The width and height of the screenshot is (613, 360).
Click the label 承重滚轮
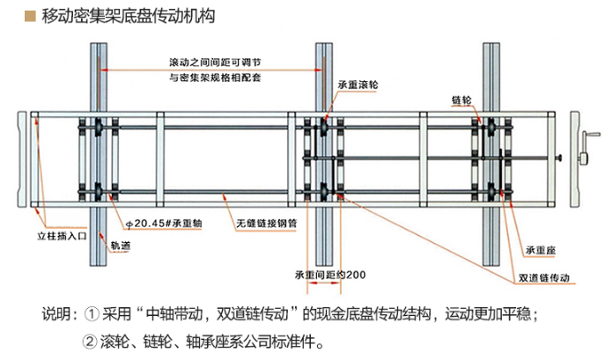(358, 84)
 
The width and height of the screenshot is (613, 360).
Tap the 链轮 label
(462, 100)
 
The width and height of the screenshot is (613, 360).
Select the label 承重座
(540, 250)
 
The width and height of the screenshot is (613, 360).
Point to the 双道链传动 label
(543, 278)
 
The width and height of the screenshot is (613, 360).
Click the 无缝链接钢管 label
(267, 224)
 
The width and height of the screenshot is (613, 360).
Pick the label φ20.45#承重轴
(164, 224)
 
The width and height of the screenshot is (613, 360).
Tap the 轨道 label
(121, 246)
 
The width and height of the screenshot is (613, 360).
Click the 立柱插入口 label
(62, 236)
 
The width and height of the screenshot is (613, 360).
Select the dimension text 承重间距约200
(330, 275)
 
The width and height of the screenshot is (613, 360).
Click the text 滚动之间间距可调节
(215, 62)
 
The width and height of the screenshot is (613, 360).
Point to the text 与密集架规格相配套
(215, 77)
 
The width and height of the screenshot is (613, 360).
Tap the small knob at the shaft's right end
(559, 158)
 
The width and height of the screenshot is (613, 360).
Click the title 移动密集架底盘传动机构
(129, 16)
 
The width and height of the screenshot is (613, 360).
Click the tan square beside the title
(30, 16)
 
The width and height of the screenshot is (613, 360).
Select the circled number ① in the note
(92, 314)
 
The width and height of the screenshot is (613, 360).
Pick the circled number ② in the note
(90, 342)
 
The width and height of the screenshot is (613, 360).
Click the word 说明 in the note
(56, 314)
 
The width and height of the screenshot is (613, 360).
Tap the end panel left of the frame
(22, 159)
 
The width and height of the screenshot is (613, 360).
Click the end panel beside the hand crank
(574, 159)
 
